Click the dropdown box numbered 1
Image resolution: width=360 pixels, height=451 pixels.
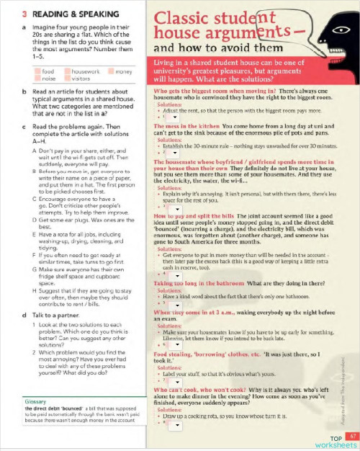click(171, 117)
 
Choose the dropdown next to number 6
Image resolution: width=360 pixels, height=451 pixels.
click(171, 346)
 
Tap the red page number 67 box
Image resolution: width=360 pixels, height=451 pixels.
click(351, 435)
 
